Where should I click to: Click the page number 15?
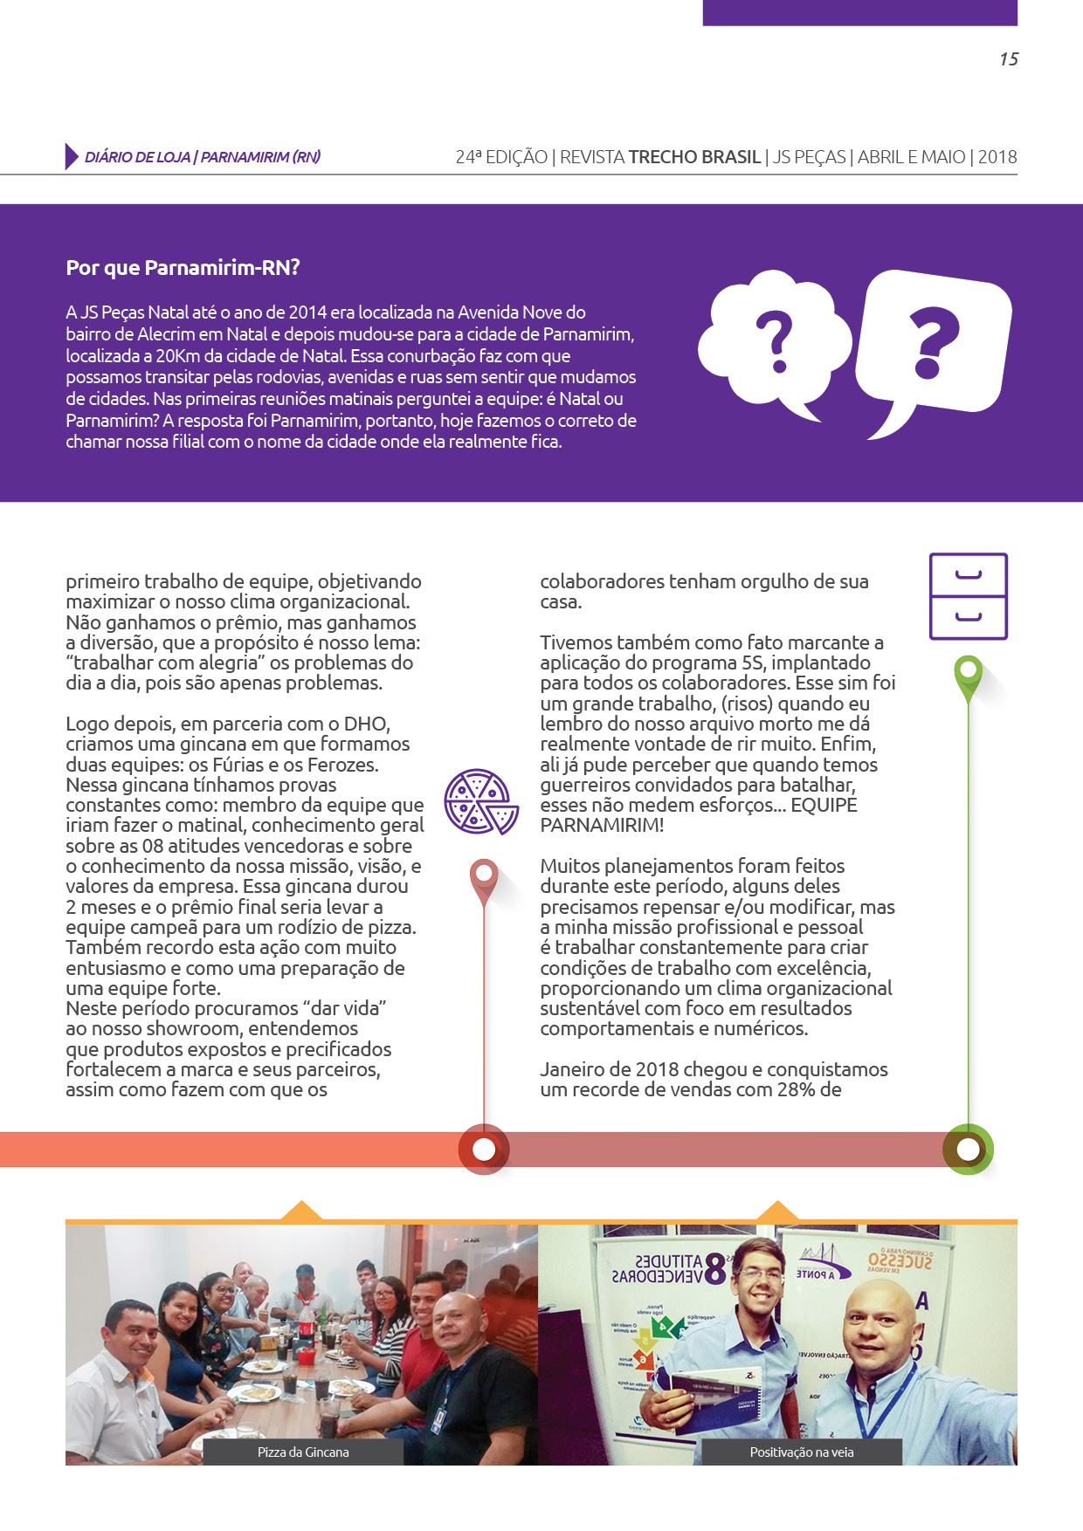[x=1009, y=59]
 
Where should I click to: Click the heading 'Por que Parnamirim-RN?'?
[x=183, y=268]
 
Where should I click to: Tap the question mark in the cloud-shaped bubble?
[x=775, y=342]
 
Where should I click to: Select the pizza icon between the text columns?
[x=480, y=801]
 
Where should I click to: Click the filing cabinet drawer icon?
[x=968, y=596]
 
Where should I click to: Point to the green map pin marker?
[x=968, y=675]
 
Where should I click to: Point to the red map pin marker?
[x=484, y=877]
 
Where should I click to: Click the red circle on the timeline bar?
[x=484, y=1150]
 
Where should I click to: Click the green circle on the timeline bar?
[x=968, y=1150]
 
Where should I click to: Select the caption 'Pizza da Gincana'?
[x=303, y=1452]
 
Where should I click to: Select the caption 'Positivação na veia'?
[x=802, y=1452]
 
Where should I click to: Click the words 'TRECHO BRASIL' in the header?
[x=694, y=157]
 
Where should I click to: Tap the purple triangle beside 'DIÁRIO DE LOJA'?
[x=72, y=156]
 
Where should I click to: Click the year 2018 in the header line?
[x=997, y=157]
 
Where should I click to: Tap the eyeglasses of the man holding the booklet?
[x=759, y=1274]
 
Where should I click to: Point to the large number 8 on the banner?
[x=715, y=1269]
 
